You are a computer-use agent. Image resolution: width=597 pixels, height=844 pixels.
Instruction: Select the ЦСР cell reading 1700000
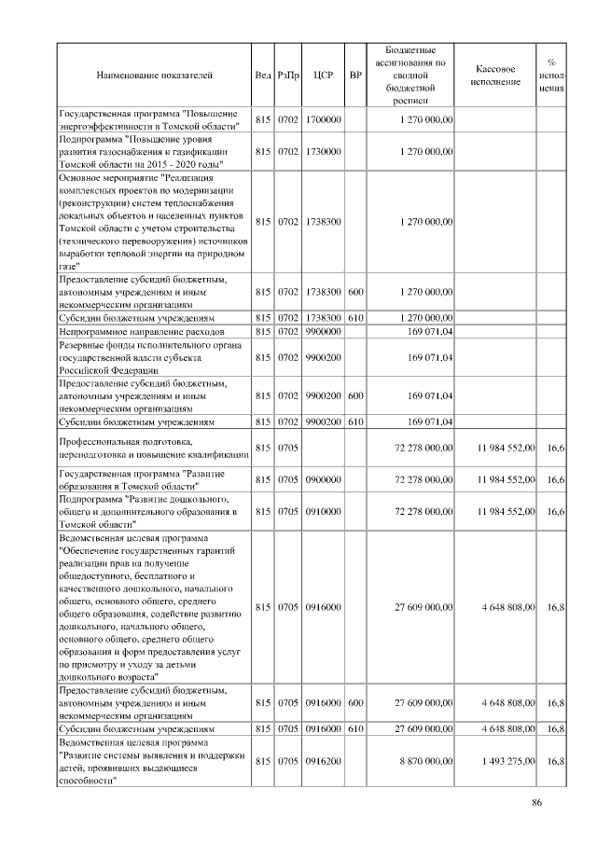[324, 120]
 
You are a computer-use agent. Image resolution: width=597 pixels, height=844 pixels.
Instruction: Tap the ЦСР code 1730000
[324, 150]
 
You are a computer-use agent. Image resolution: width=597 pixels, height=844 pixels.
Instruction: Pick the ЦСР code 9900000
[324, 331]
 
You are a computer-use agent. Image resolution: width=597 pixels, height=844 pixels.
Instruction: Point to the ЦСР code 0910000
[324, 512]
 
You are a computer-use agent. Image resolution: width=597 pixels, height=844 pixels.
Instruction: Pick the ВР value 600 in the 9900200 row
[355, 395]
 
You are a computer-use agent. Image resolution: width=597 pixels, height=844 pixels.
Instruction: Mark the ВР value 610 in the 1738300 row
[355, 317]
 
